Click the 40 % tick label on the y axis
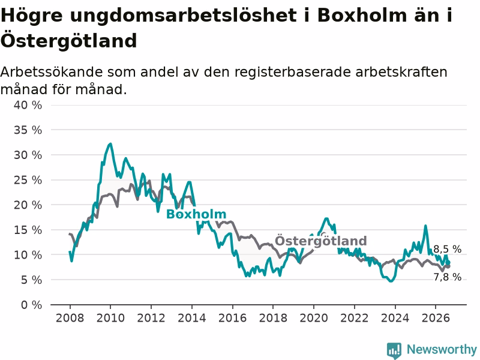click(28, 105)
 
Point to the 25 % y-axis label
click(28, 180)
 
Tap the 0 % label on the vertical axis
click(32, 305)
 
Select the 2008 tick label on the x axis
click(70, 318)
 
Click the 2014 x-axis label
click(191, 318)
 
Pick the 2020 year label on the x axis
click(313, 318)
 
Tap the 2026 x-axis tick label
click(436, 318)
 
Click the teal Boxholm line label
click(196, 214)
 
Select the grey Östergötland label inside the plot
click(321, 241)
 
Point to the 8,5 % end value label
click(447, 249)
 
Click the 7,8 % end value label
click(447, 277)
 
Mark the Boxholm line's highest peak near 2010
click(110, 143)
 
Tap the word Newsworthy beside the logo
click(442, 349)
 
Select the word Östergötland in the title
click(68, 40)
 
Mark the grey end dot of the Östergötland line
click(448, 266)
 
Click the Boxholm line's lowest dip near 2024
click(391, 281)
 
